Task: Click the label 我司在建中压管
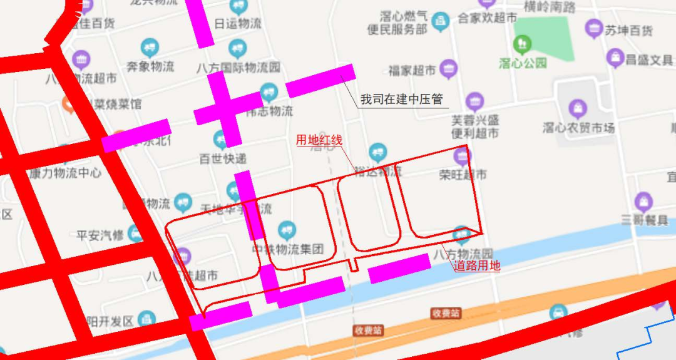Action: pyautogui.click(x=401, y=100)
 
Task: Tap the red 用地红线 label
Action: pyautogui.click(x=319, y=140)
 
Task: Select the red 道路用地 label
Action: pyautogui.click(x=477, y=265)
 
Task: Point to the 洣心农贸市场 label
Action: pyautogui.click(x=578, y=128)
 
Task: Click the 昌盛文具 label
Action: pyautogui.click(x=649, y=61)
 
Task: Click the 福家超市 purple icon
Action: pyautogui.click(x=448, y=69)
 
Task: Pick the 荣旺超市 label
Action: pyautogui.click(x=463, y=175)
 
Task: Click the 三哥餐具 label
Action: pyautogui.click(x=643, y=220)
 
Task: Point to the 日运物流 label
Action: pyautogui.click(x=238, y=24)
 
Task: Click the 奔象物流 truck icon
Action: pyautogui.click(x=150, y=47)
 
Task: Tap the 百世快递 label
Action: pyautogui.click(x=223, y=158)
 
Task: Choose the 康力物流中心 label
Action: pyautogui.click(x=64, y=173)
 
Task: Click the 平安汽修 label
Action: pyautogui.click(x=100, y=235)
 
